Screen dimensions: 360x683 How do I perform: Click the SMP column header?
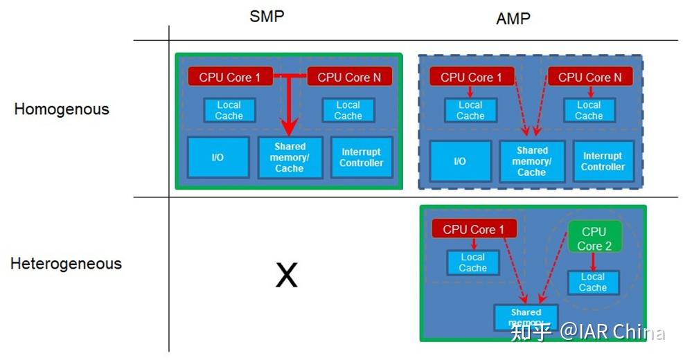point(267,17)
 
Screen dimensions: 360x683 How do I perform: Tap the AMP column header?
point(513,19)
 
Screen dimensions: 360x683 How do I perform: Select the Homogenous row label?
point(62,109)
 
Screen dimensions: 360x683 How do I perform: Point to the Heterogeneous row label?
point(66,264)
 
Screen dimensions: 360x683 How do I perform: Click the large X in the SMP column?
point(286,276)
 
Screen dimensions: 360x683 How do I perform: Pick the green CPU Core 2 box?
point(594,238)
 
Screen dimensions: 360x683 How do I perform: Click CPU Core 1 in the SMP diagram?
point(229,77)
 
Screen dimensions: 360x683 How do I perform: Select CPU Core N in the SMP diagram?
point(348,77)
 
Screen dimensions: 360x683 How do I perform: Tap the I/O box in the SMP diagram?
point(218,157)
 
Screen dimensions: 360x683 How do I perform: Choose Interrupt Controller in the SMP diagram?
point(361,157)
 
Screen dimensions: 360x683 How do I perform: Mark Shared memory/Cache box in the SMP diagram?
point(290,157)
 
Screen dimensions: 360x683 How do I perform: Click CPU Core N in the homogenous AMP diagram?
point(589,77)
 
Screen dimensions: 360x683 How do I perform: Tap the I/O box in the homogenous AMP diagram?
point(459,161)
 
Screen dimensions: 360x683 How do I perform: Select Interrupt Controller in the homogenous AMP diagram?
point(603,161)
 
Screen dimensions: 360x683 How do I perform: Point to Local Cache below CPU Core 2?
point(592,282)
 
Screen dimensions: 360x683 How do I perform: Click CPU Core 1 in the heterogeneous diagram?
point(474,229)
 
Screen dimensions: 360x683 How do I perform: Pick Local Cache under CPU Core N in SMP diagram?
point(348,111)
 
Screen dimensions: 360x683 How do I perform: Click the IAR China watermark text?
point(612,332)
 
